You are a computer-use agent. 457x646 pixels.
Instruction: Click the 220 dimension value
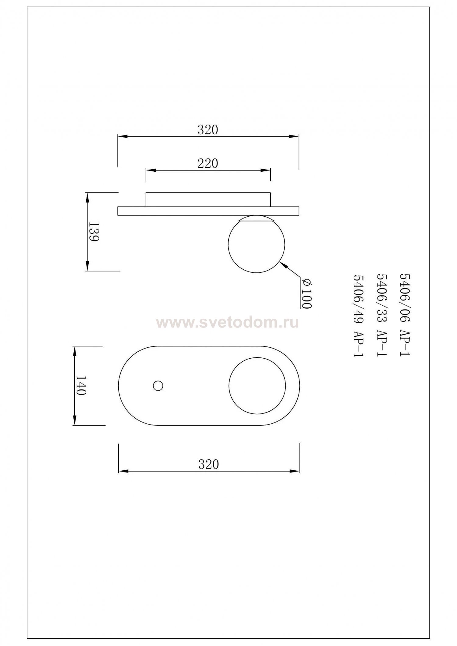[x=208, y=164]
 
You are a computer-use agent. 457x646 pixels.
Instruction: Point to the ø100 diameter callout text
[x=306, y=294]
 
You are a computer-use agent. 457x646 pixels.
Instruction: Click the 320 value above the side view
[x=208, y=130]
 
